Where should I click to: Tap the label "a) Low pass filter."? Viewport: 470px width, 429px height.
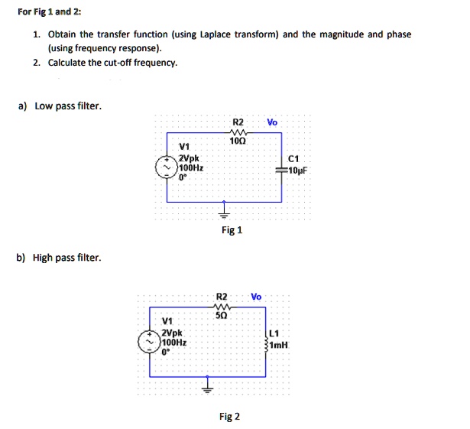(57, 106)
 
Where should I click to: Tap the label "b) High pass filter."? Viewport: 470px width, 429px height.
(59, 258)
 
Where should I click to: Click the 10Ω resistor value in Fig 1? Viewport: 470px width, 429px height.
(237, 141)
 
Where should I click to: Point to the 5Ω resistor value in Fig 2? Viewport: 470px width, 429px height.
(222, 314)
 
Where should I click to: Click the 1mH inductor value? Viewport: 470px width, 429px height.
(277, 345)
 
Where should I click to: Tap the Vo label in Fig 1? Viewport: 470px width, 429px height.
(273, 122)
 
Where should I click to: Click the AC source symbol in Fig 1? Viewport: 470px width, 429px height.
(167, 169)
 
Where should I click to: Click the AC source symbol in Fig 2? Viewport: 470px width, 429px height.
(149, 343)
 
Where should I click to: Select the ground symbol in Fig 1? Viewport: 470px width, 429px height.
(224, 210)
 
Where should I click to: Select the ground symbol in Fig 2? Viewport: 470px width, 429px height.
(206, 385)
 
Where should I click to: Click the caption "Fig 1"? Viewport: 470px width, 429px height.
(231, 230)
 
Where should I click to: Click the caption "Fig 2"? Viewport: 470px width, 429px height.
(229, 417)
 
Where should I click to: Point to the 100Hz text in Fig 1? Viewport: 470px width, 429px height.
(190, 167)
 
